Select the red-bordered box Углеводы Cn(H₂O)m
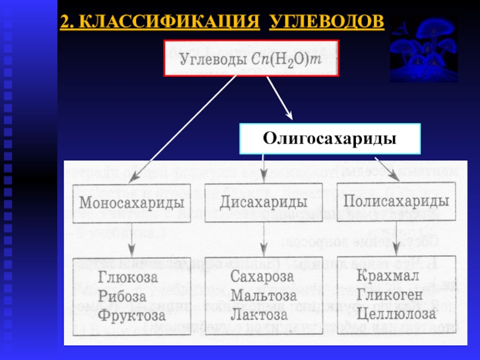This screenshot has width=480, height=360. click(251, 59)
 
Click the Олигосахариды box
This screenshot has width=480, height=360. click(330, 139)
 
